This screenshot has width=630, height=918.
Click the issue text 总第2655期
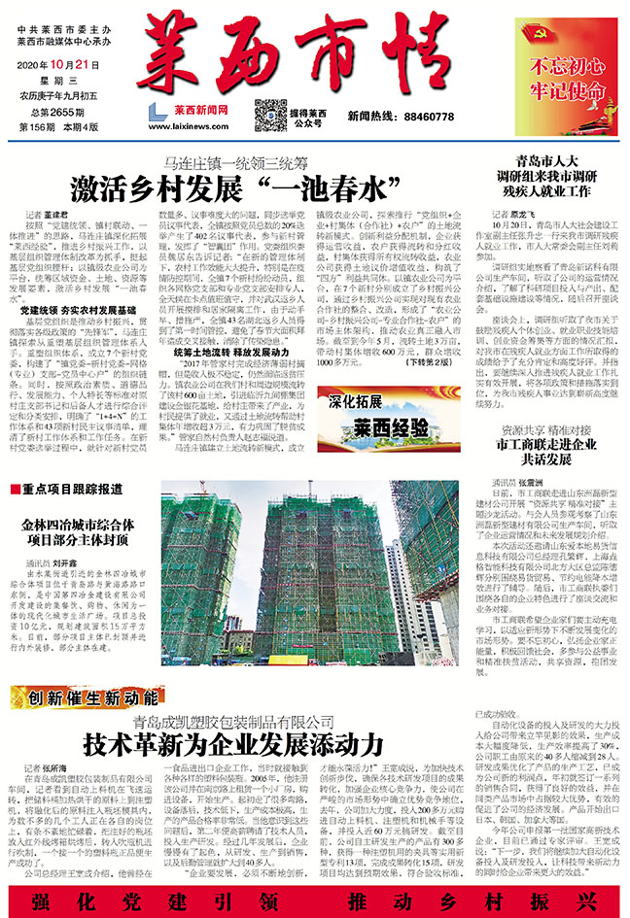(x=48, y=113)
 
